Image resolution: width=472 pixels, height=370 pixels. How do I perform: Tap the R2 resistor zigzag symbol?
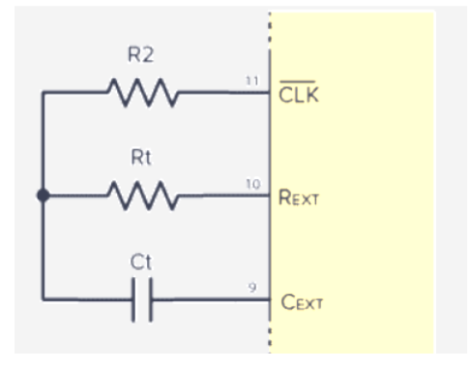pyautogui.click(x=142, y=94)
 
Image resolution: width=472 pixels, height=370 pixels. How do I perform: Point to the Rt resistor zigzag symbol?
pyautogui.click(x=142, y=196)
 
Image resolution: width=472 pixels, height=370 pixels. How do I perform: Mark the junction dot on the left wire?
pyautogui.click(x=42, y=196)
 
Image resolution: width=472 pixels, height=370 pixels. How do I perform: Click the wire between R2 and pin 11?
pyautogui.click(x=222, y=94)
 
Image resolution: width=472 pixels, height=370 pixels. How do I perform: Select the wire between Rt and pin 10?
pyautogui.click(x=222, y=196)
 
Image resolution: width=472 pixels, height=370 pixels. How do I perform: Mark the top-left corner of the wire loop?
pyautogui.click(x=42, y=94)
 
